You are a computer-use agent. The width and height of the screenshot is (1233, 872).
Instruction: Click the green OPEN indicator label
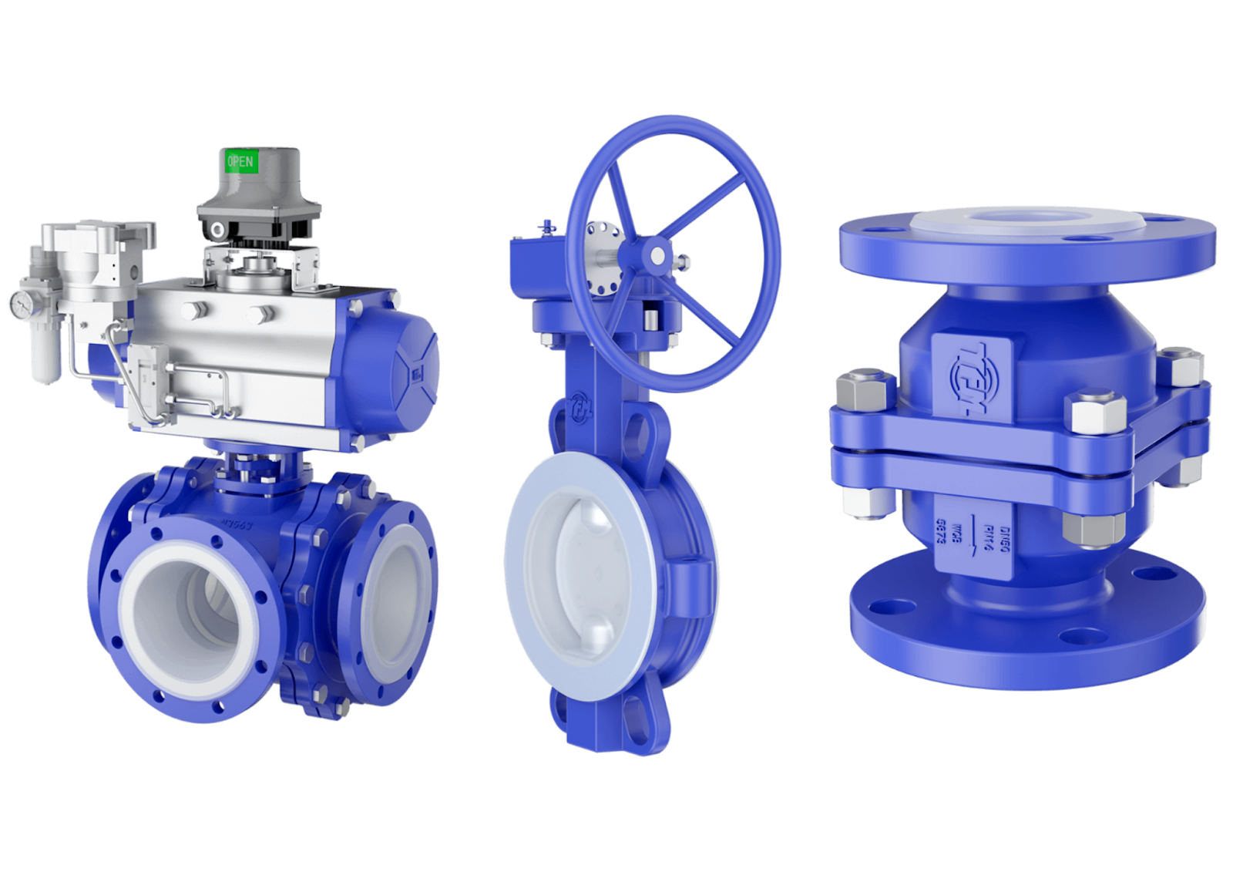point(240,162)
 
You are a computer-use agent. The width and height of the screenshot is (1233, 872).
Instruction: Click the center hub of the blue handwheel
point(657,254)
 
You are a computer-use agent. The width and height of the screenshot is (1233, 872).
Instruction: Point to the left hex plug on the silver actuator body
point(193,311)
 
